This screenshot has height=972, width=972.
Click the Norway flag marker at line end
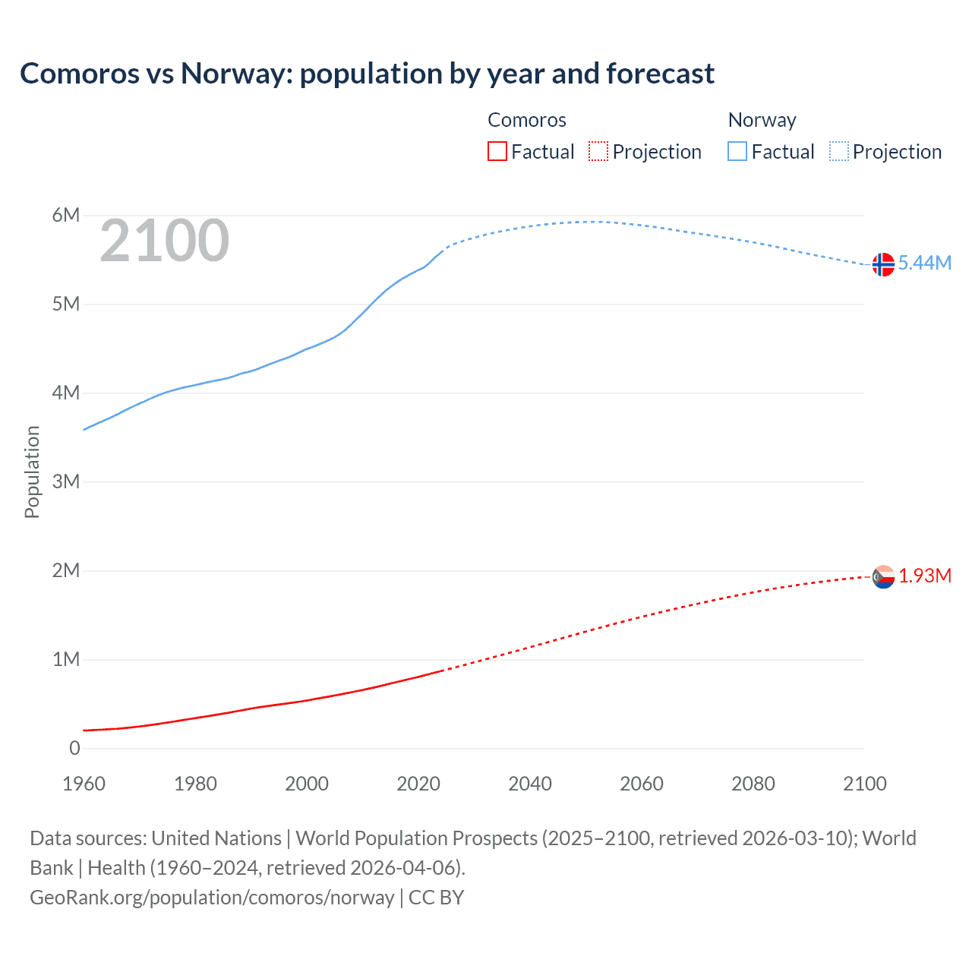[x=883, y=264]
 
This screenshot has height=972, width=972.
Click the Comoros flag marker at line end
[x=883, y=577]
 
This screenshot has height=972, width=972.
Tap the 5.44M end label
[x=924, y=263]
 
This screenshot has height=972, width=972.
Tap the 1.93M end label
[x=925, y=576]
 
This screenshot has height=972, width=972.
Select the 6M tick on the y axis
[x=66, y=215]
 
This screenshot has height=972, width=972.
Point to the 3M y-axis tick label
[x=66, y=481]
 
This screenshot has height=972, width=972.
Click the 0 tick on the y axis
[x=74, y=748]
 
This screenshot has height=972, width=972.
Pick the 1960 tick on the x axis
[x=84, y=784]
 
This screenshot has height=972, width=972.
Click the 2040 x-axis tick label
[x=530, y=784]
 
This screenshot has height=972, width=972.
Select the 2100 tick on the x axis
[x=864, y=784]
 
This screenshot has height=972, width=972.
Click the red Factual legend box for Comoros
[x=497, y=151]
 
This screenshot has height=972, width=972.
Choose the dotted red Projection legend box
[x=598, y=151]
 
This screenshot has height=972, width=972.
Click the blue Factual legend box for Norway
[x=737, y=151]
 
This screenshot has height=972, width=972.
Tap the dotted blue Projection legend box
[x=839, y=151]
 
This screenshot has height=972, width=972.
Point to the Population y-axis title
[x=32, y=472]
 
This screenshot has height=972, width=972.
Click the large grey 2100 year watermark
[x=164, y=241]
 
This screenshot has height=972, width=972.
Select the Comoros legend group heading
[x=526, y=120]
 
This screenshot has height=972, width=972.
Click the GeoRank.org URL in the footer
[x=212, y=897]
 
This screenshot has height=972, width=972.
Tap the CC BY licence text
[x=436, y=897]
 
